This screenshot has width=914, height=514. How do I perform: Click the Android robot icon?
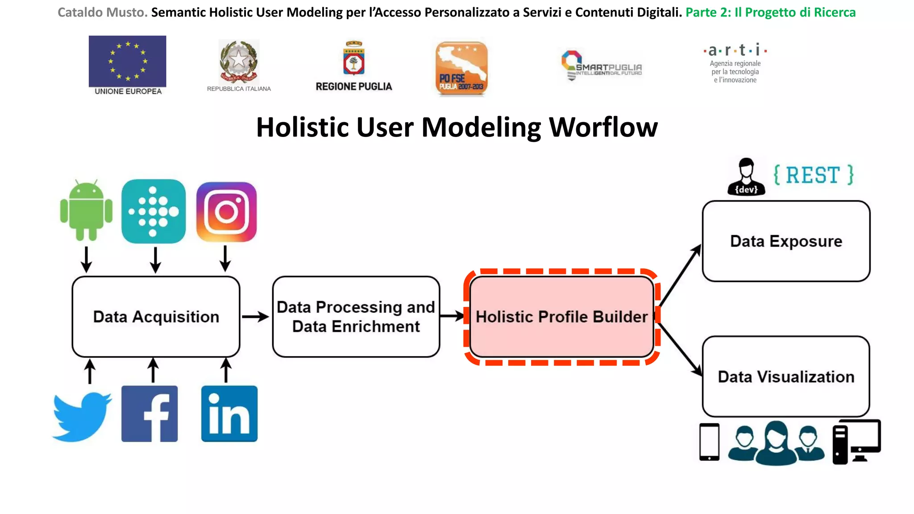[86, 211]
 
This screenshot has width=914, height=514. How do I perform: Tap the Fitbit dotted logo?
[154, 211]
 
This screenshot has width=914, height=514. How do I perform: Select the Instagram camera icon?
[227, 212]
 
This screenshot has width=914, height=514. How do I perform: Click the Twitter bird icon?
[82, 416]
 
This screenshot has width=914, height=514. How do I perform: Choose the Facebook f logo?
[150, 414]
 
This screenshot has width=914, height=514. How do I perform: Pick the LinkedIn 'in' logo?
[229, 414]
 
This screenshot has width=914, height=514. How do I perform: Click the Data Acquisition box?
[156, 317]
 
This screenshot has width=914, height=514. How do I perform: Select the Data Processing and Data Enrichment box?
[356, 317]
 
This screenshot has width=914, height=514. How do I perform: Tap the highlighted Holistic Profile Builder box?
[561, 317]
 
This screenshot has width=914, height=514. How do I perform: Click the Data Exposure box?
[786, 241]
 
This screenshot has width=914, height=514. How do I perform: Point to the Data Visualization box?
[786, 377]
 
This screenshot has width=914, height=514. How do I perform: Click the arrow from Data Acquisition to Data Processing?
[255, 317]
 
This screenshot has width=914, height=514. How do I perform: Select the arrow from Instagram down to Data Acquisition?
[225, 258]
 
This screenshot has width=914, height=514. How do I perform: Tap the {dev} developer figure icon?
[746, 177]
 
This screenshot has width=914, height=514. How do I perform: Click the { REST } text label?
[813, 175]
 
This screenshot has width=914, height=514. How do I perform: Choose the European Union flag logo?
[128, 61]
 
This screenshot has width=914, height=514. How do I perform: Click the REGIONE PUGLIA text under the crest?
[354, 87]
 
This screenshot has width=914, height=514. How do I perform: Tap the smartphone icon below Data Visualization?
[709, 442]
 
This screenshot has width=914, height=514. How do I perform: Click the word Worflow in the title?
[603, 128]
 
